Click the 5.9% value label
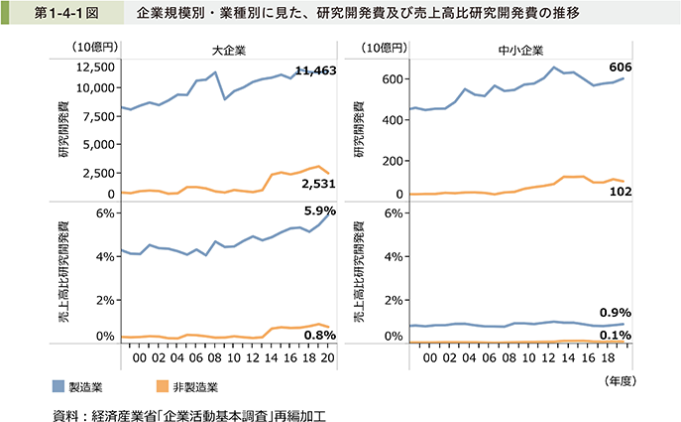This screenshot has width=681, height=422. coord(318,211)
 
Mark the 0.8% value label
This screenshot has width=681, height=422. coord(318,336)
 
